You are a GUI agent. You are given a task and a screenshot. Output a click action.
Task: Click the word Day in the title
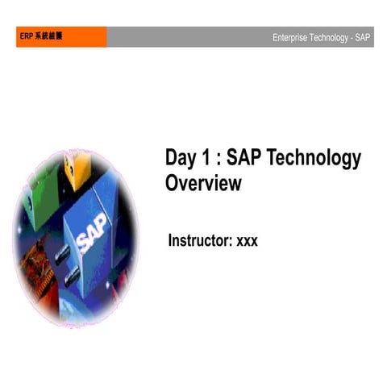point(181,159)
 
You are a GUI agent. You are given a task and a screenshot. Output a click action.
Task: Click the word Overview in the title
point(203,183)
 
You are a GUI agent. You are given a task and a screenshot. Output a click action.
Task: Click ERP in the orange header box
point(26,37)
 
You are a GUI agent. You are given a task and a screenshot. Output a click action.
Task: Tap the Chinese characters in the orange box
point(48,37)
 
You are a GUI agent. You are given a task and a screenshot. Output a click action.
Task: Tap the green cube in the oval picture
point(43,173)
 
